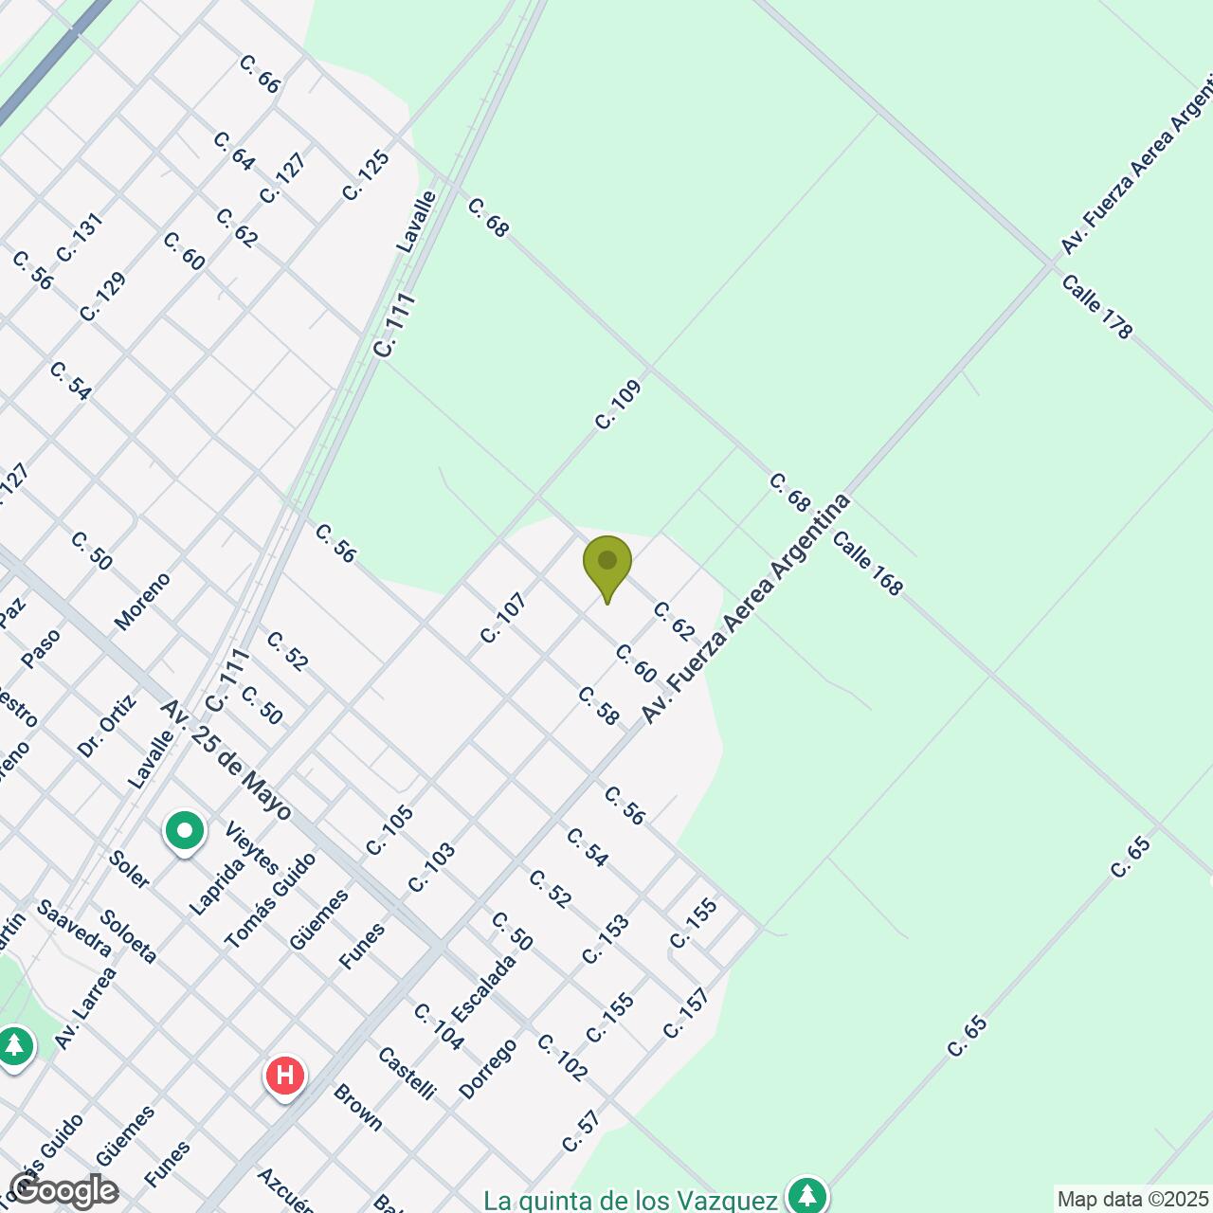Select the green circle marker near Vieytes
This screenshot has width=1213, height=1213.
tap(185, 833)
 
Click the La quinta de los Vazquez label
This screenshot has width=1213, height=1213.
tap(630, 1201)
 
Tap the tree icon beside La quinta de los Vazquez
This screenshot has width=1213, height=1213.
tap(806, 1195)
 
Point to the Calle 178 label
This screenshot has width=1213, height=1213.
tap(1096, 306)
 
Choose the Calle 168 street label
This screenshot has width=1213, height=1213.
tap(867, 563)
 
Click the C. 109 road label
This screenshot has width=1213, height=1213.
tap(619, 405)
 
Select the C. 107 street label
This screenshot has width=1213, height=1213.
tap(502, 618)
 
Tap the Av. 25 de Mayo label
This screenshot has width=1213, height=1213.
tap(226, 760)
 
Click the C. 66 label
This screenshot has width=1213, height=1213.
tap(259, 74)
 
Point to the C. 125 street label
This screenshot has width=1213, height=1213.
tap(366, 175)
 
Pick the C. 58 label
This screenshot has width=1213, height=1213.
tap(598, 706)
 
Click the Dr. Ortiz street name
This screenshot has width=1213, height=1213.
tap(107, 725)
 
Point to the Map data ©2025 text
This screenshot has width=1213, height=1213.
tap(1132, 1200)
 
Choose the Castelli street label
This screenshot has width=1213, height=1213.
tap(406, 1073)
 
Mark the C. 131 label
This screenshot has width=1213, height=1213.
tap(79, 237)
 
